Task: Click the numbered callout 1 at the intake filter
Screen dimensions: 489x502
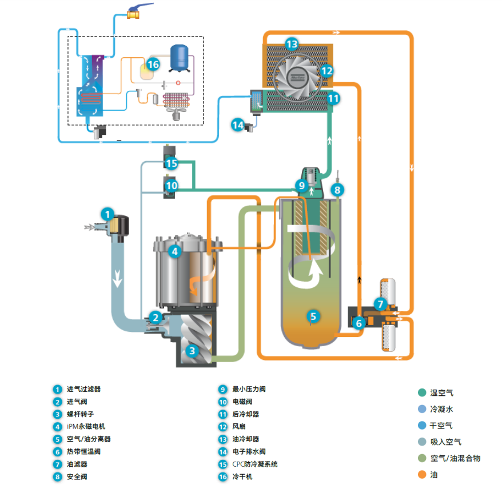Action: [x=107, y=214]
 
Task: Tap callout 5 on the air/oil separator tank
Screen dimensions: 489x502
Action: [x=312, y=315]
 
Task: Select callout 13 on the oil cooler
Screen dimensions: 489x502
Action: [x=292, y=44]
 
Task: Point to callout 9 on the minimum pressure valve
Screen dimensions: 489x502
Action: [x=301, y=185]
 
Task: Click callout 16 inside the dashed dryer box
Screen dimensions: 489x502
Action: [x=153, y=64]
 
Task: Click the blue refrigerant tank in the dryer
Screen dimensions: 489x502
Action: [x=182, y=56]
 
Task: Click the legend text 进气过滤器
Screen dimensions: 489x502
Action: [x=83, y=389]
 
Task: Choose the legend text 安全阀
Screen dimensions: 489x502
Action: [x=77, y=476]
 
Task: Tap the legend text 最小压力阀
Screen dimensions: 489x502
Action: [x=249, y=389]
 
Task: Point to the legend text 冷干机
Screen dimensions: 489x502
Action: [x=242, y=476]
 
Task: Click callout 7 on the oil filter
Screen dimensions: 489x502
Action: [x=381, y=303]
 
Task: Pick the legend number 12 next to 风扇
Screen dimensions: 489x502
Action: [x=223, y=427]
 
